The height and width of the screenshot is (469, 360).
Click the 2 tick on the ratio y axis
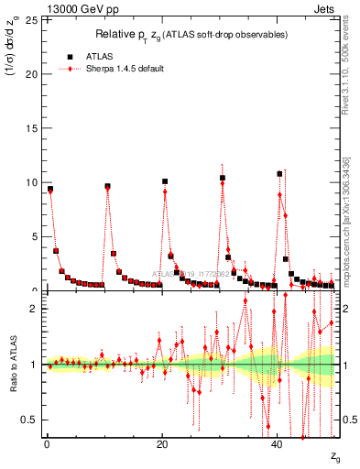[34, 309]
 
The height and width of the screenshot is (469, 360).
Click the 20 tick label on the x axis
[161, 444]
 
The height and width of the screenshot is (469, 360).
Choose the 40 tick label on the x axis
[278, 444]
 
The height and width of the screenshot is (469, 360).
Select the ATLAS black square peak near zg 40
[279, 173]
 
